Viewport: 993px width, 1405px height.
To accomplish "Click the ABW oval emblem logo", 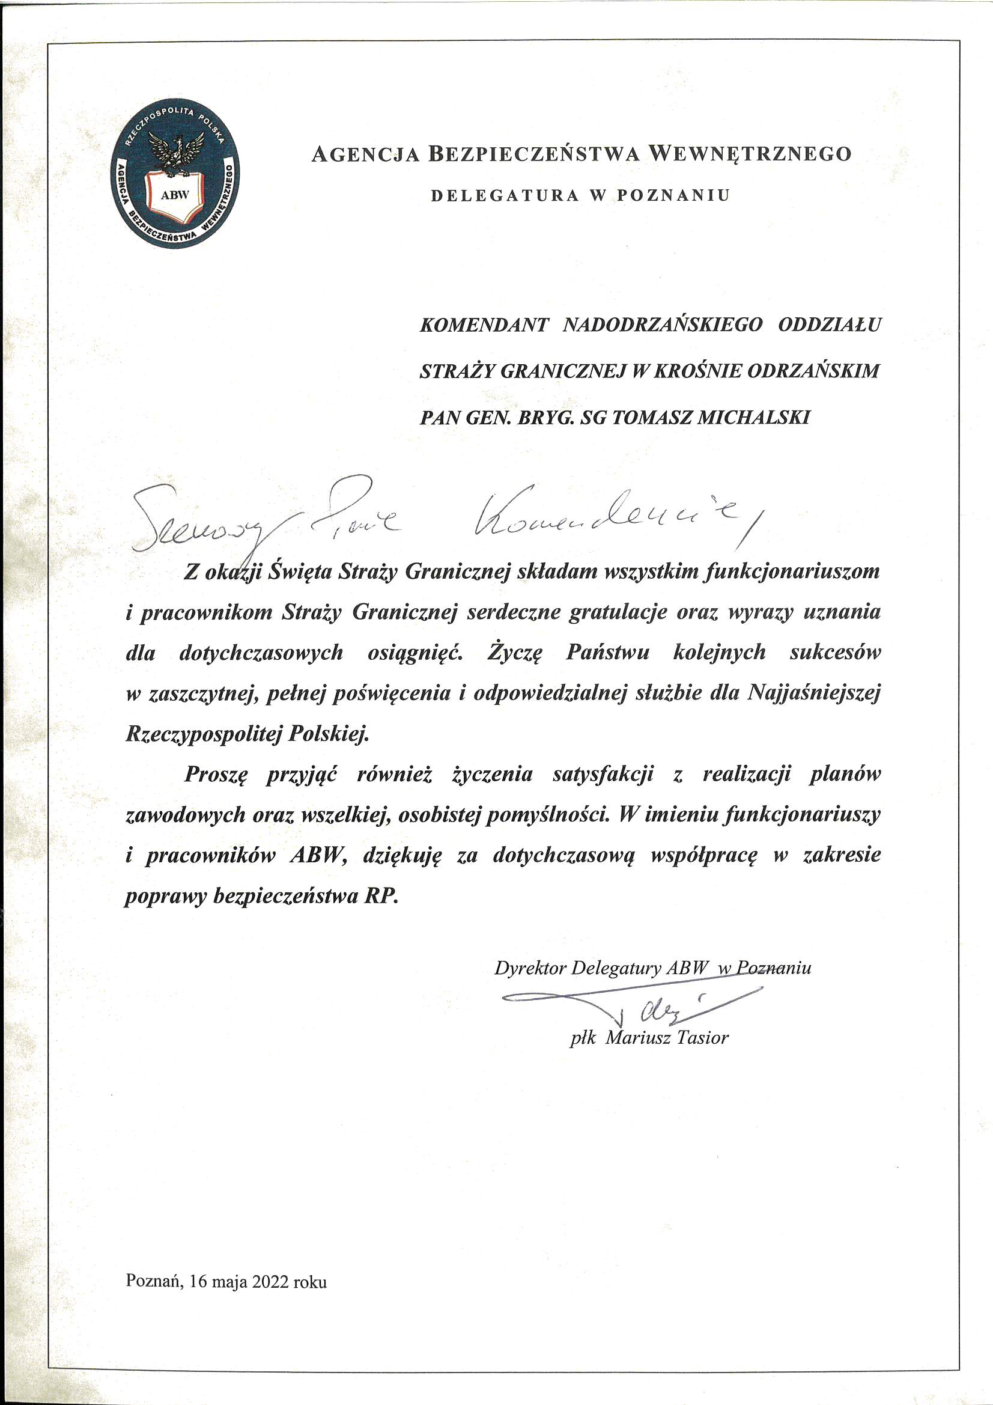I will [177, 174].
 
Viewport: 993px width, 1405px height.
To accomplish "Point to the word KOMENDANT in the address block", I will [484, 325].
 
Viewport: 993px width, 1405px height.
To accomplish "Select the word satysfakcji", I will [603, 774].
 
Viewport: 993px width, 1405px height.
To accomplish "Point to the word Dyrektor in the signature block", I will [529, 968].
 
